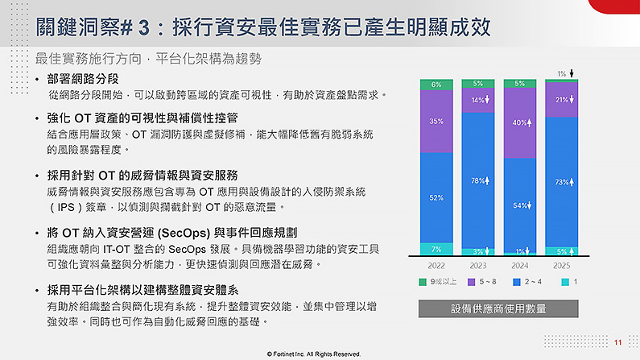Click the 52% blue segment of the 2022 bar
click(x=436, y=197)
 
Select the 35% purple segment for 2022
click(x=436, y=122)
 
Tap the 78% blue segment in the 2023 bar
click(x=478, y=180)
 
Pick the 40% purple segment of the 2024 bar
click(x=520, y=123)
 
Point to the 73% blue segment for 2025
click(x=562, y=182)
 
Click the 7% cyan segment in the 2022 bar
click(x=436, y=249)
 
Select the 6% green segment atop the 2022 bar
click(x=436, y=85)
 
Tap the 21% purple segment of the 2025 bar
click(x=562, y=100)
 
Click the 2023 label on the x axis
click(x=478, y=266)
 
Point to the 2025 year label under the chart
click(x=562, y=266)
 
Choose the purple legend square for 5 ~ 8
click(x=472, y=282)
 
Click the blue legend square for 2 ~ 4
click(x=517, y=282)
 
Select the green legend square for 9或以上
click(x=423, y=282)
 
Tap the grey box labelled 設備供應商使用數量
click(x=498, y=308)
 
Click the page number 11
click(x=618, y=342)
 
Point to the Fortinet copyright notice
click(x=314, y=354)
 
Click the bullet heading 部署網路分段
click(x=83, y=79)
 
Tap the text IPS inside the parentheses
click(x=66, y=207)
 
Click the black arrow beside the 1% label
click(x=572, y=73)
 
